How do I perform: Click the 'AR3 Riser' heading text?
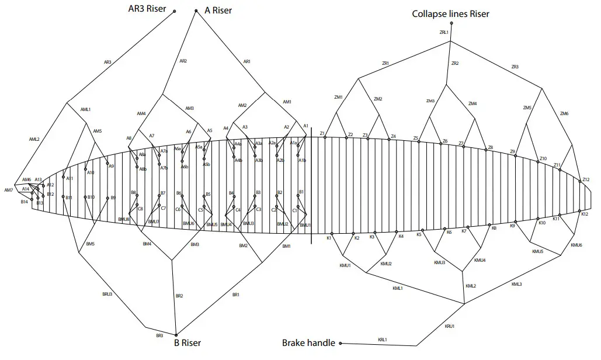pyautogui.click(x=148, y=9)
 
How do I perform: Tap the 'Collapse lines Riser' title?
pyautogui.click(x=450, y=13)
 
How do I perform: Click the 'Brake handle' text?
pyautogui.click(x=308, y=343)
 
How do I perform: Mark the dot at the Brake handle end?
pyautogui.click(x=340, y=344)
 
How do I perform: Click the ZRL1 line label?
pyautogui.click(x=443, y=33)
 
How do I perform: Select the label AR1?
pyautogui.click(x=246, y=61)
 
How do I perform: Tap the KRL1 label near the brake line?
pyautogui.click(x=383, y=340)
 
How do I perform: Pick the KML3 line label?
pyautogui.click(x=516, y=284)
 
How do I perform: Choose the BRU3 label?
pyautogui.click(x=107, y=294)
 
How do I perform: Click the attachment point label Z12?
pyautogui.click(x=586, y=179)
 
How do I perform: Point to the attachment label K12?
pyautogui.click(x=585, y=214)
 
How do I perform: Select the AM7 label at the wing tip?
pyautogui.click(x=8, y=190)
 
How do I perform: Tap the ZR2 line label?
pyautogui.click(x=455, y=63)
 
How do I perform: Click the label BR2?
pyautogui.click(x=179, y=296)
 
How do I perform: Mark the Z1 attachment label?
pyautogui.click(x=322, y=134)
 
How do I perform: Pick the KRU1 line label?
pyautogui.click(x=449, y=326)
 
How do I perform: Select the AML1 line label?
pyautogui.click(x=86, y=109)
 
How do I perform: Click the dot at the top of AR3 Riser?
pyautogui.click(x=175, y=11)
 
